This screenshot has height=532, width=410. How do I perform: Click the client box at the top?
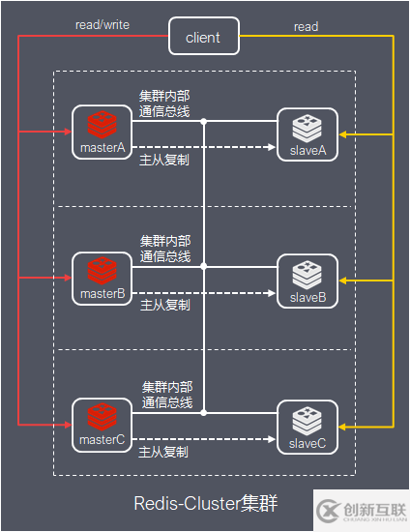[203, 38]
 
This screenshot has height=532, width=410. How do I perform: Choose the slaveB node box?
[307, 281]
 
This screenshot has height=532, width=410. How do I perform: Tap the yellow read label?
[306, 27]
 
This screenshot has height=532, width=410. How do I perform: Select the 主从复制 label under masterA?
[164, 160]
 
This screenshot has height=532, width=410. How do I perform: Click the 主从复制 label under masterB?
[164, 305]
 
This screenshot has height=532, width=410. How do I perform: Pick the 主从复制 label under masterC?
[164, 452]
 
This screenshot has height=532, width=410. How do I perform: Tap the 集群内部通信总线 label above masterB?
[165, 250]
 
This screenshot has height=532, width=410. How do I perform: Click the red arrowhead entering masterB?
[68, 279]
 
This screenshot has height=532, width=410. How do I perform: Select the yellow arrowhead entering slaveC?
[342, 427]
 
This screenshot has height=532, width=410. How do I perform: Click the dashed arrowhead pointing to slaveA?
[270, 147]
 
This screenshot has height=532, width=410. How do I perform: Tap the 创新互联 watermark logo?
[359, 509]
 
